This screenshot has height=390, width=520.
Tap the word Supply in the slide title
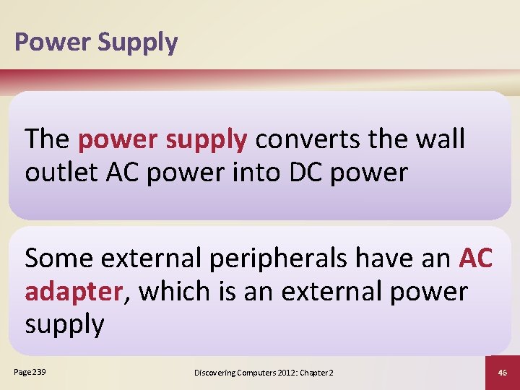coord(137,43)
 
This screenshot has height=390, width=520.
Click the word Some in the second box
coord(60,258)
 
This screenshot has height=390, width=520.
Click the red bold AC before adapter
coord(476,258)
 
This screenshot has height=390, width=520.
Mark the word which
coord(173,291)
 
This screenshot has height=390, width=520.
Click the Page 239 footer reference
coord(29,371)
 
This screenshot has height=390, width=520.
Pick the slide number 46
coord(503,372)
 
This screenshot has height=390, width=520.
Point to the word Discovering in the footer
coord(216,372)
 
